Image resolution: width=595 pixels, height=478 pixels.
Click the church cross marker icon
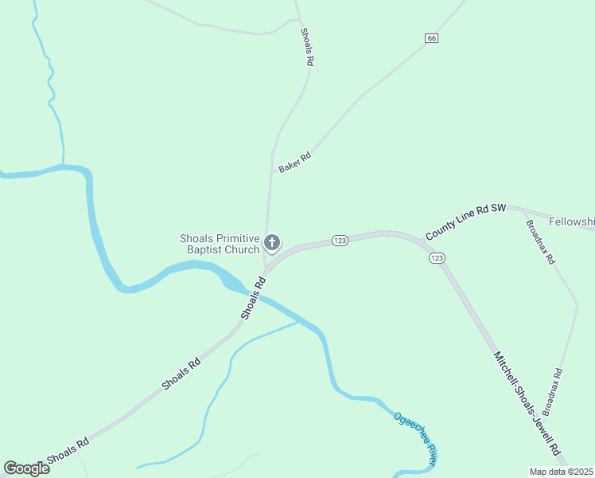[x=272, y=242]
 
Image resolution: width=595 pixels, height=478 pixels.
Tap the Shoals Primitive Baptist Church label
[x=220, y=244]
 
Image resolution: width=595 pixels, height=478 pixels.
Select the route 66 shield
[x=431, y=38]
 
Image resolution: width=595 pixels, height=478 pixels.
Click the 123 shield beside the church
[x=340, y=241]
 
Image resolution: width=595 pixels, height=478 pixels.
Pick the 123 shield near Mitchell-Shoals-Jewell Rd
[x=436, y=258]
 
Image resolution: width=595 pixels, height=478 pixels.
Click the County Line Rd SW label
[x=465, y=222]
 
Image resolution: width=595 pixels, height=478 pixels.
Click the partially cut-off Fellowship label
[x=572, y=220]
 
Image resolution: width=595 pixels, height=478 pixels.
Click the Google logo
[x=26, y=468]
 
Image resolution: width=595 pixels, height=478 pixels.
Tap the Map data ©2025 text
[x=562, y=472]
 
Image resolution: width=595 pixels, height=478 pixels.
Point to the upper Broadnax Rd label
[x=540, y=244]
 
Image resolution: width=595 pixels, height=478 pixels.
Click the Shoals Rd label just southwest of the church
[x=252, y=297]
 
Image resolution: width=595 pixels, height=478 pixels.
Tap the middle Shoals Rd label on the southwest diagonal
[x=181, y=374]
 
